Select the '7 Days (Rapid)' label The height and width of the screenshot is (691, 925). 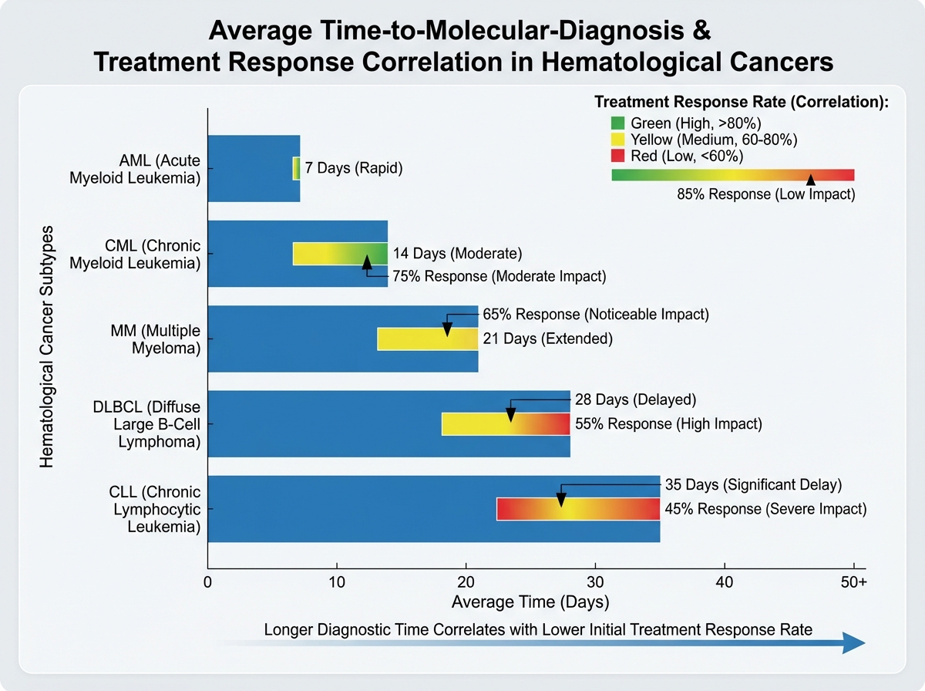[354, 168]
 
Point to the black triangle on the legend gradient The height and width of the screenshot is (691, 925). [810, 179]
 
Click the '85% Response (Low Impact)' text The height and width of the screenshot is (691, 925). [765, 195]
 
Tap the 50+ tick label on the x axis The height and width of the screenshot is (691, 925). [853, 584]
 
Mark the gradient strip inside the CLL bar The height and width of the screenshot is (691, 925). [578, 509]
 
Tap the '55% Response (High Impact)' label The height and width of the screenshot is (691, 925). [668, 423]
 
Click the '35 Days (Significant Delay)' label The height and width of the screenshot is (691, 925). [752, 486]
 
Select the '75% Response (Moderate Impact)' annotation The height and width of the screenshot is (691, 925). [499, 276]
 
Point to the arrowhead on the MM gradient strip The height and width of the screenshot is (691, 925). [446, 331]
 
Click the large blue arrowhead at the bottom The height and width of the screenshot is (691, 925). [854, 642]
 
